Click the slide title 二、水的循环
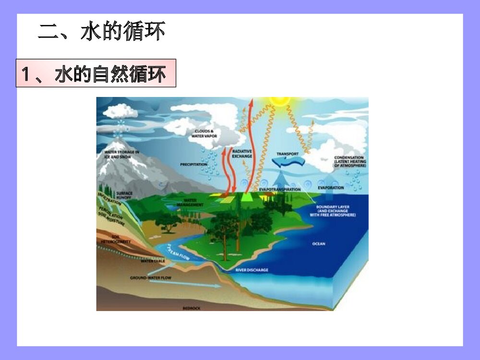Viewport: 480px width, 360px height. coord(102,32)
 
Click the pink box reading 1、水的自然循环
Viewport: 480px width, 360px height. coord(96,73)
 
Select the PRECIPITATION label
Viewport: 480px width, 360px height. coord(193,164)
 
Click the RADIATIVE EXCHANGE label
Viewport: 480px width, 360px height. coord(242,154)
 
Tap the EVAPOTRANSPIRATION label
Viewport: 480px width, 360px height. coord(280,190)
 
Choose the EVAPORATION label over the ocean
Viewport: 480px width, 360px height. coord(331,188)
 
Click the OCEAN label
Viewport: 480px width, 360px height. coord(319,244)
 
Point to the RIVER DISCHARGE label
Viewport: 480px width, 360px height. coord(252,270)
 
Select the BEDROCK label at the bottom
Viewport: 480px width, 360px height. coord(192,308)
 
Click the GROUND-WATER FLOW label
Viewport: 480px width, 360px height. coord(151,278)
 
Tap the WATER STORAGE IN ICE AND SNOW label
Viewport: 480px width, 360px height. coord(121,155)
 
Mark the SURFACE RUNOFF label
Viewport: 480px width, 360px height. coord(124,195)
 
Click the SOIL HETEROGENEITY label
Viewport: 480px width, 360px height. coord(116,239)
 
